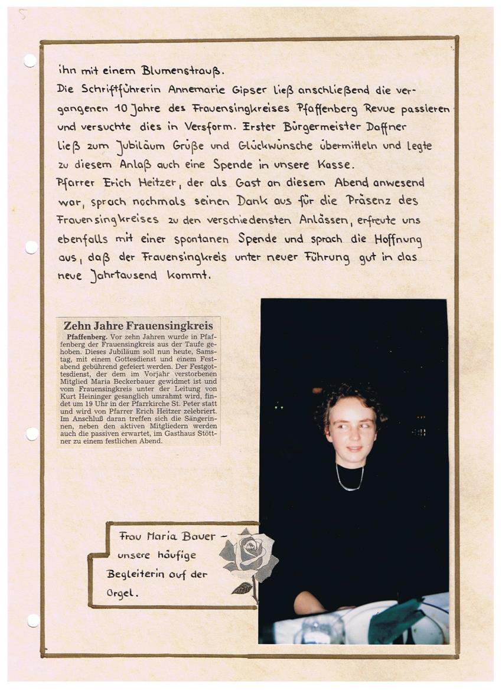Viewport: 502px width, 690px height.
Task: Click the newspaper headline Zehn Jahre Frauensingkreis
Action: [138, 325]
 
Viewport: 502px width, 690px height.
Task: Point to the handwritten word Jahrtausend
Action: [123, 275]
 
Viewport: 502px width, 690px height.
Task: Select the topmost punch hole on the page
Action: [30, 61]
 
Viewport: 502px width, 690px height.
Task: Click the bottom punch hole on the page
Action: [33, 620]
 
